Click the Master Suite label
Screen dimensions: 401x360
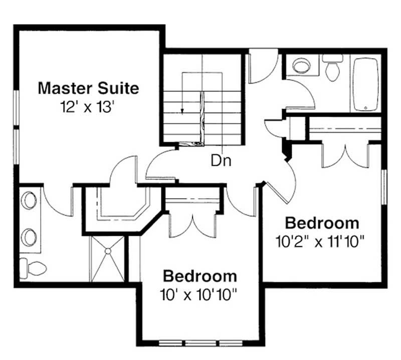click(89, 89)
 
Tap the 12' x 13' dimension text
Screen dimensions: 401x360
click(87, 107)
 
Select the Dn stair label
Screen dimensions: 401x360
click(221, 161)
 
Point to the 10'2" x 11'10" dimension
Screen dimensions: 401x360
click(320, 241)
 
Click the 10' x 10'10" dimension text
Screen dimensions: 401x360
click(197, 294)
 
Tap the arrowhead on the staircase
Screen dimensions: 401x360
click(182, 111)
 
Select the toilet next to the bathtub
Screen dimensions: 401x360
click(332, 67)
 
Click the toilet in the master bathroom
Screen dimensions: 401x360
click(33, 268)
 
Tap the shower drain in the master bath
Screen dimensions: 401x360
click(108, 251)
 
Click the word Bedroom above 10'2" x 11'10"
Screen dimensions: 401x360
click(322, 223)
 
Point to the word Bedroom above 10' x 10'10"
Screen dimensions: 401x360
click(200, 276)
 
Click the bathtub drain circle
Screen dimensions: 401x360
click(365, 108)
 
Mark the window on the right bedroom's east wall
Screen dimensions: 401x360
click(384, 187)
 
